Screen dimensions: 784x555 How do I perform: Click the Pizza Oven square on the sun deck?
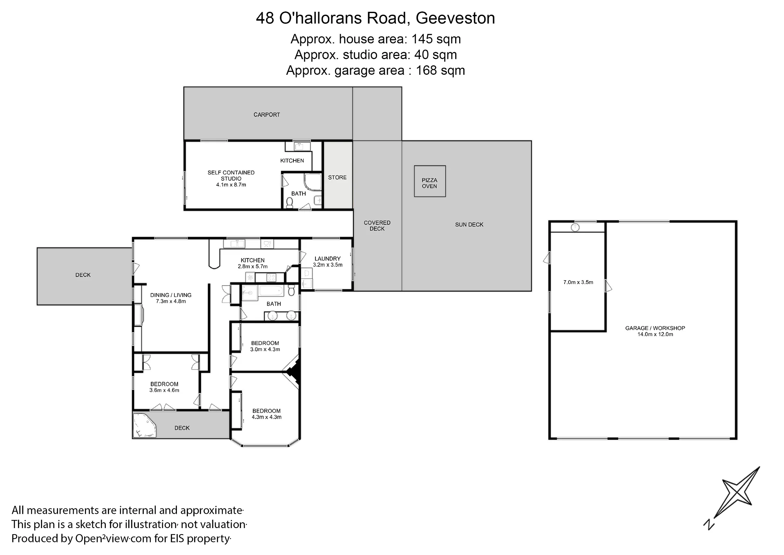[x=429, y=181]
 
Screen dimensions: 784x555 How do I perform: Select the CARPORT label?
[x=267, y=115]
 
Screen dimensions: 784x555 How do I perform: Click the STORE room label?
[x=337, y=178]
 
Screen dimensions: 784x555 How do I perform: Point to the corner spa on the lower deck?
[x=144, y=426]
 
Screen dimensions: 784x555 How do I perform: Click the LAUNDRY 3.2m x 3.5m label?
[x=328, y=261]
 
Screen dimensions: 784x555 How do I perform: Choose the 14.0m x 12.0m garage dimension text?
[x=655, y=334]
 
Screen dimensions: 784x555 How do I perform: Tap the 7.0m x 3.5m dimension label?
[x=578, y=282]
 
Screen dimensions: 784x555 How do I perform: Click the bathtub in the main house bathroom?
[x=271, y=291]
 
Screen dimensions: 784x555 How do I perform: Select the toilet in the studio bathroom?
[x=290, y=203]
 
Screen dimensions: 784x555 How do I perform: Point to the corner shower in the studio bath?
[x=313, y=183]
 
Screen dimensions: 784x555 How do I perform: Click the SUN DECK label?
[x=469, y=225]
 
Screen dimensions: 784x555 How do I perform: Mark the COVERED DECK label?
[x=377, y=226]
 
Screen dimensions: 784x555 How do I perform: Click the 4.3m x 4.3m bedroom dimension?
[x=267, y=417]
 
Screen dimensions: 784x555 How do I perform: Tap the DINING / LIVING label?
[x=171, y=295]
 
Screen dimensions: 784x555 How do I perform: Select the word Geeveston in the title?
[x=455, y=18]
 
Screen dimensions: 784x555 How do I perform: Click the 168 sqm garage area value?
[x=440, y=70]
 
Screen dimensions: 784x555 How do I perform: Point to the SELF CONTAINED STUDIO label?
[x=231, y=176]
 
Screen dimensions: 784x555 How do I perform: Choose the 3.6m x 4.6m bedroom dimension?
[x=164, y=390]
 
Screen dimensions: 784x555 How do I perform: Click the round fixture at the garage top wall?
[x=575, y=227]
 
